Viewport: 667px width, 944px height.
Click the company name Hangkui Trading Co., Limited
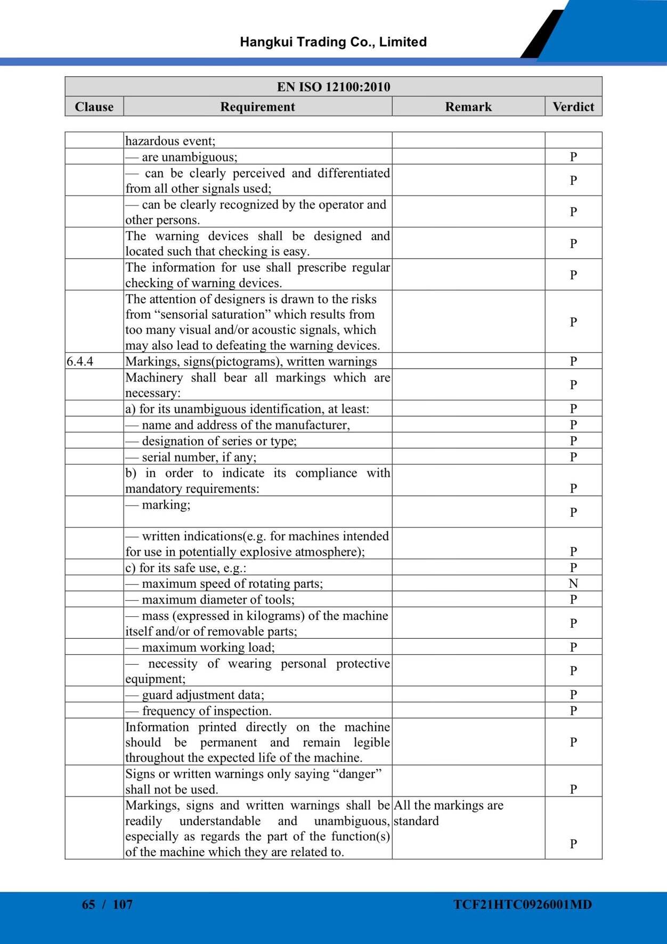coord(333,42)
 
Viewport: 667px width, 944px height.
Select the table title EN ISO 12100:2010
coord(333,87)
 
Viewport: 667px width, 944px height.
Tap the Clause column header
coord(94,107)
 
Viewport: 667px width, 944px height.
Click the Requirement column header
coord(257,107)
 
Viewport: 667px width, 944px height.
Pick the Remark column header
coord(468,107)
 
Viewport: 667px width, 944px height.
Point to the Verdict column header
coord(573,107)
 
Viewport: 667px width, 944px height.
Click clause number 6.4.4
coord(80,361)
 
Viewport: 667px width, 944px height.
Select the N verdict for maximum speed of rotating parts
coord(573,583)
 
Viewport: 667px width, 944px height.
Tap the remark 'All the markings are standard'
coord(448,813)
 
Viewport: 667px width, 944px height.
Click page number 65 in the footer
coord(88,904)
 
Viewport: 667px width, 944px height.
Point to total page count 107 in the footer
coord(123,904)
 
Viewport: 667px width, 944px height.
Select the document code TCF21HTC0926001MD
coord(523,904)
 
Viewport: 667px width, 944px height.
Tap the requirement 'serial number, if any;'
coord(199,457)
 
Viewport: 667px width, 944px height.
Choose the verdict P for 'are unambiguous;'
coord(573,157)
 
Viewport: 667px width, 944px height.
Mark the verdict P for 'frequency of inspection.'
coord(573,711)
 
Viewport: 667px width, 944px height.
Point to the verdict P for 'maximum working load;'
coord(573,647)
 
